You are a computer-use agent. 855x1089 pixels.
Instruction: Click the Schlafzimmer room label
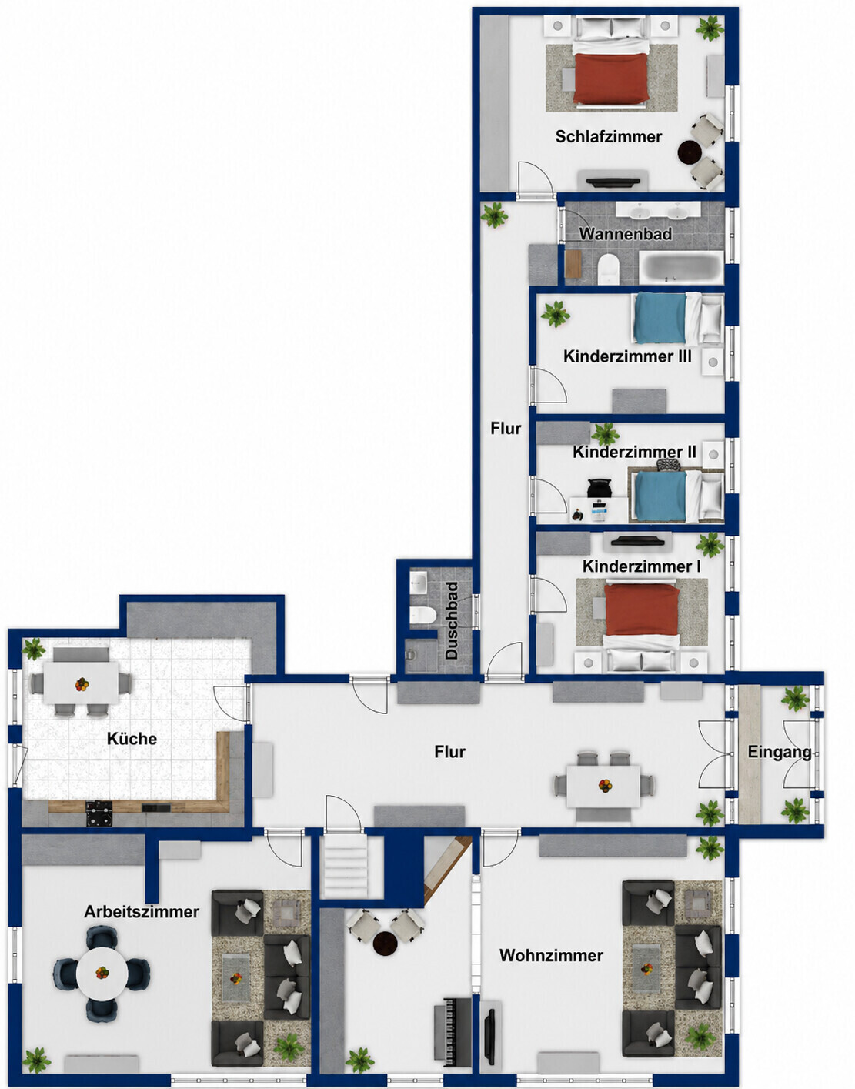[608, 137]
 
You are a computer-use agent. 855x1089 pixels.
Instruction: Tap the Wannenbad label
[625, 233]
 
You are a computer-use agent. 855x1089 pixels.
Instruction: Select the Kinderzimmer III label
[627, 356]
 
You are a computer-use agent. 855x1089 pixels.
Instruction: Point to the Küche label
[132, 739]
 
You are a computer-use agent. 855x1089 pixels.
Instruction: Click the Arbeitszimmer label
[142, 911]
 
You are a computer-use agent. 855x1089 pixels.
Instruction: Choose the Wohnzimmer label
[551, 955]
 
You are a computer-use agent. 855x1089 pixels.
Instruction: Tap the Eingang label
[780, 752]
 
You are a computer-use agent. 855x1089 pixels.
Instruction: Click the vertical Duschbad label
[452, 620]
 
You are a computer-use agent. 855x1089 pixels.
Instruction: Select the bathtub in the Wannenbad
[681, 268]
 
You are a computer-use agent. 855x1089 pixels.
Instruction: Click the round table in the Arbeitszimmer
[102, 973]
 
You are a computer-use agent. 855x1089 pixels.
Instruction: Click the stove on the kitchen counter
[99, 813]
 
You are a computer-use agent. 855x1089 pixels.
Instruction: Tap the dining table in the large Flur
[603, 786]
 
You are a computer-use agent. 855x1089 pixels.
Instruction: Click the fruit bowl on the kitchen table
[82, 684]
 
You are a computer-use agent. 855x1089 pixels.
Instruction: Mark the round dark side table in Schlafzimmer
[690, 152]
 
